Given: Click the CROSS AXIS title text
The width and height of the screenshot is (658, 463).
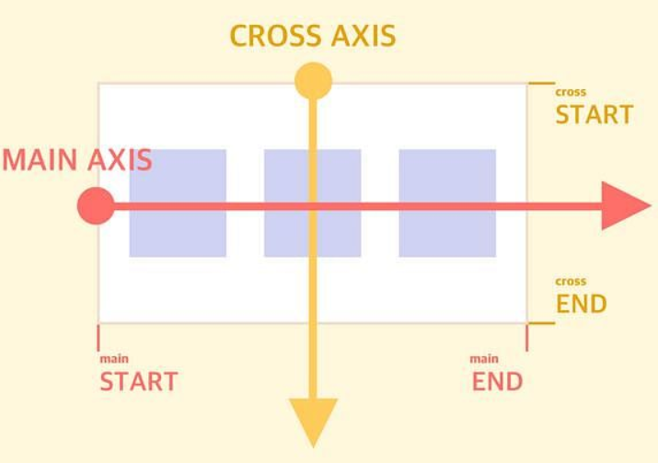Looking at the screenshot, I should coord(312,36).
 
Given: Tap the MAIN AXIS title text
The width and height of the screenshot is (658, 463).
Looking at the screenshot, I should coord(76,160).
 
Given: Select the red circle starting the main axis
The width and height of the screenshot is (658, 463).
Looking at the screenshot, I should coord(96,206).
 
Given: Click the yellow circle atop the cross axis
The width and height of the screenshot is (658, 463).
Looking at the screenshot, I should coord(313,81).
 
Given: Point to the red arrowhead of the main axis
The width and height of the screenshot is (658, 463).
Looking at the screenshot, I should coord(625,205).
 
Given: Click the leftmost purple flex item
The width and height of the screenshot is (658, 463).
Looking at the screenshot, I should coord(178,203).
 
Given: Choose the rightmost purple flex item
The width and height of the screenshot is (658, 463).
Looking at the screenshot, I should coord(447,203).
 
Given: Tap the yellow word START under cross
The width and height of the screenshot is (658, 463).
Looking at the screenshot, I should coord(594,115).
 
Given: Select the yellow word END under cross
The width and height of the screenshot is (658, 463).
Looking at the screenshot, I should coord(581,304).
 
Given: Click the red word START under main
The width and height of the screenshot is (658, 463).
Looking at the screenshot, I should coord(138,381).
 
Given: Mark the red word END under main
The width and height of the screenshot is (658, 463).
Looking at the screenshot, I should coord(497,381).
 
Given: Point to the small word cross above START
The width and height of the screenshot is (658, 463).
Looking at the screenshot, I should coord(571,92).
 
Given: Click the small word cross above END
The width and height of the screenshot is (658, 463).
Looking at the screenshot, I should coord(571,282).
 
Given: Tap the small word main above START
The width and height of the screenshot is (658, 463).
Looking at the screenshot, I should coord(114,358).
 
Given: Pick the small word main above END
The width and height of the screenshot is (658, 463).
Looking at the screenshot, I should coord(484,358).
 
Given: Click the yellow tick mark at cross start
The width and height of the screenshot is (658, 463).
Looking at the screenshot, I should coord(541,84).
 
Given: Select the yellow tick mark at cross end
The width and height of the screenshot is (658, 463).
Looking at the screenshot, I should coord(541,323).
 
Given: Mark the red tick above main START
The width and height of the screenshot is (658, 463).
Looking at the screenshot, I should coord(98,337).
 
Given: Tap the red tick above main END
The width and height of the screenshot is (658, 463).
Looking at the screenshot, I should coord(526,337).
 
